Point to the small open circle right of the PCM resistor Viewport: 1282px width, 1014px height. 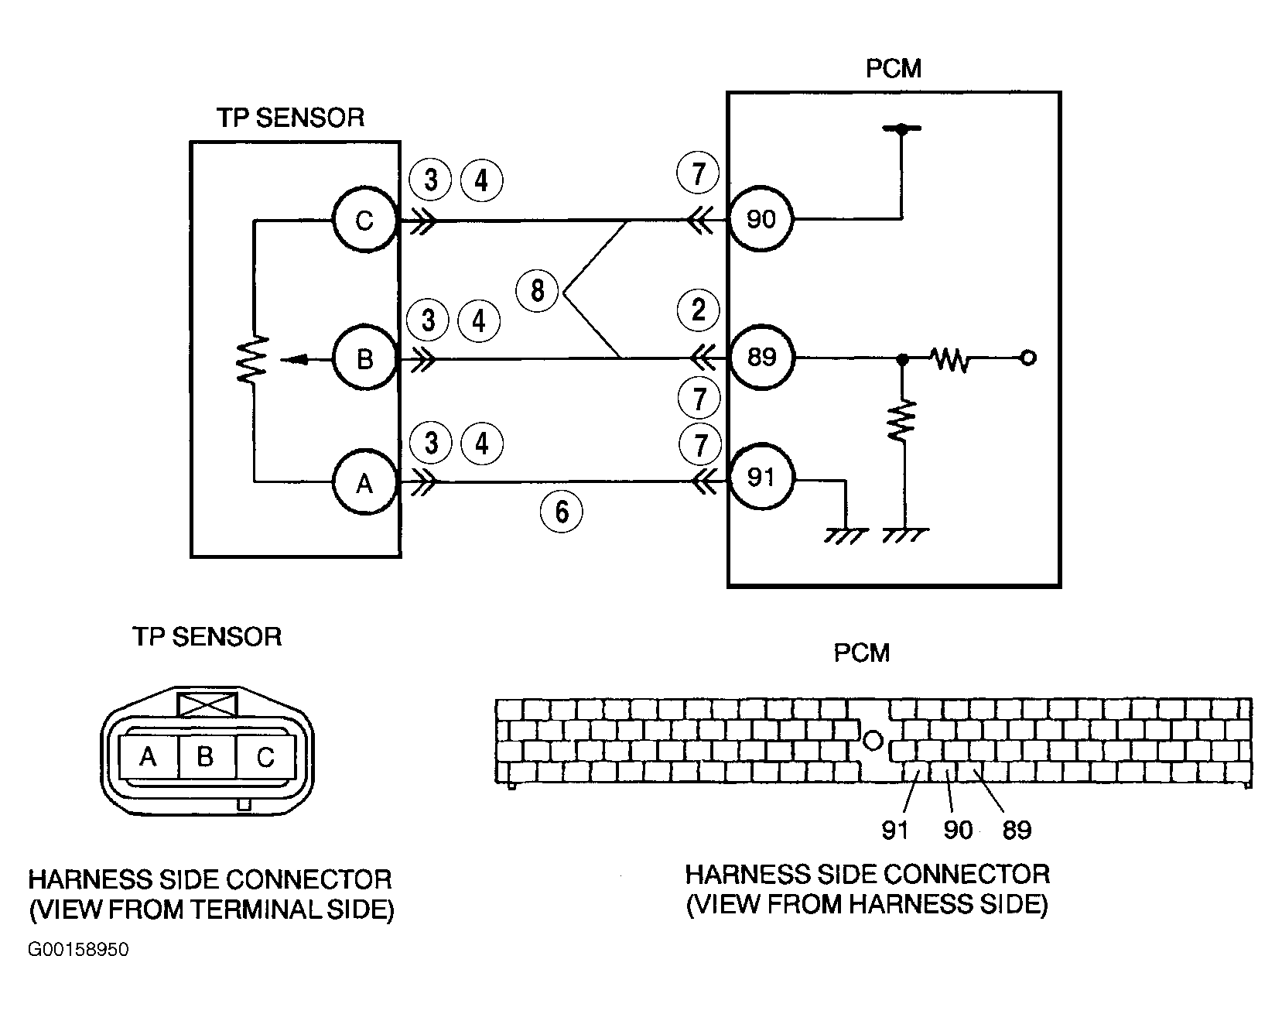tap(1028, 358)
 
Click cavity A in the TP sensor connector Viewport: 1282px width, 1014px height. tap(149, 756)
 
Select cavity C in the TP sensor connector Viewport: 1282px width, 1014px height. tap(265, 756)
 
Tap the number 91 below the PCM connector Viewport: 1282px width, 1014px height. tap(894, 830)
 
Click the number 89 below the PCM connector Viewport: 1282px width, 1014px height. tap(1017, 830)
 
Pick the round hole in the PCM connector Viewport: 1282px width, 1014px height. tap(873, 741)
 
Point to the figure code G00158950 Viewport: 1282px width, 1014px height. tap(79, 950)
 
